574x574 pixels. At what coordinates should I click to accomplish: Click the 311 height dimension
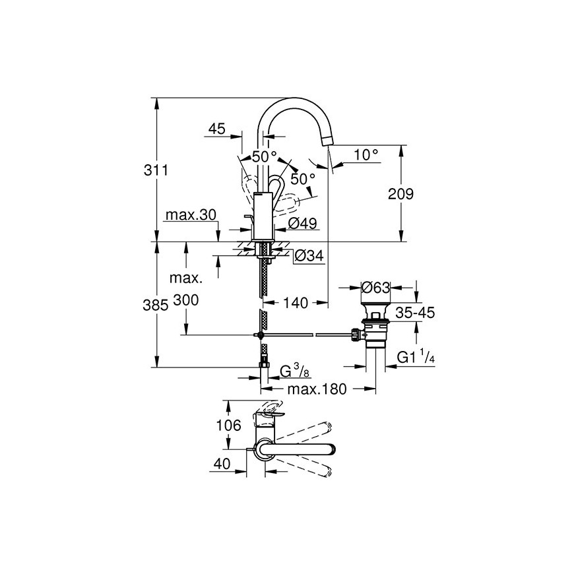pos(156,170)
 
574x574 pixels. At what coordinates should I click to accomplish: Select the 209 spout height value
pos(401,194)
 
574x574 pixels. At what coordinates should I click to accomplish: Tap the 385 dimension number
pos(155,305)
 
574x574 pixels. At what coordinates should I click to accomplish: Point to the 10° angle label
pos(366,155)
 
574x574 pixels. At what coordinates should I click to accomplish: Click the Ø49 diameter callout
pos(302,223)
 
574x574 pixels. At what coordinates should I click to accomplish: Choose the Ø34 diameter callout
pos(309,256)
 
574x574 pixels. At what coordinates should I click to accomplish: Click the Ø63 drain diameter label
pos(375,288)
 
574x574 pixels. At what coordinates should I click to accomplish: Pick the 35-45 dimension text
pos(415,313)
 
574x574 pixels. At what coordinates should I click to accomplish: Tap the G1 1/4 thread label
pos(416,356)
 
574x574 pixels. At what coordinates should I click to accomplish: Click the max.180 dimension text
pos(317,389)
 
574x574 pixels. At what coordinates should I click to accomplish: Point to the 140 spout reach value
pos(296,303)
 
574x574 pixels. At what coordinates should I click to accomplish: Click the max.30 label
pos(191,215)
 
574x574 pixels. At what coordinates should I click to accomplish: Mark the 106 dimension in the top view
pos(228,426)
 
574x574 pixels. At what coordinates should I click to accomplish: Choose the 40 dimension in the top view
pos(222,464)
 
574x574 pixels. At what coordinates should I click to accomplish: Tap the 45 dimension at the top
pos(217,129)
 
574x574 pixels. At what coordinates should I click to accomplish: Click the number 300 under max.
pos(185,300)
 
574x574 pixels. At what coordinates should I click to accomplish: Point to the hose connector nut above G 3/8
pos(264,365)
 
